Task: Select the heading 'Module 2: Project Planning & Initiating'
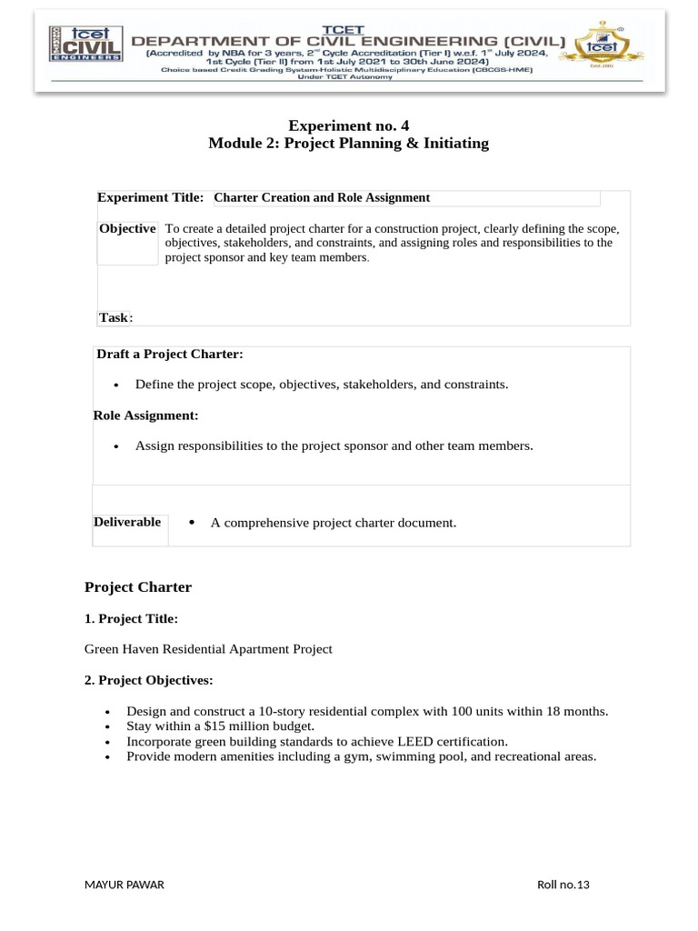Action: (348, 144)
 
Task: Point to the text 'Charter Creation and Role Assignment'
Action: (322, 197)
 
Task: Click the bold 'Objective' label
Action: (127, 228)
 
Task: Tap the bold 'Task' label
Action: (114, 317)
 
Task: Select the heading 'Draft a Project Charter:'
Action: (169, 354)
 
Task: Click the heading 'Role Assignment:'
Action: (145, 415)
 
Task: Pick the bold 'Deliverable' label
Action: (127, 522)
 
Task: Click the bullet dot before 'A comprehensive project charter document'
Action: (193, 523)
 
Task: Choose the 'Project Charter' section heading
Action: (138, 587)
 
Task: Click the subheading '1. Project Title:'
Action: (131, 619)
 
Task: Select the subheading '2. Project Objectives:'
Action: (148, 680)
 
